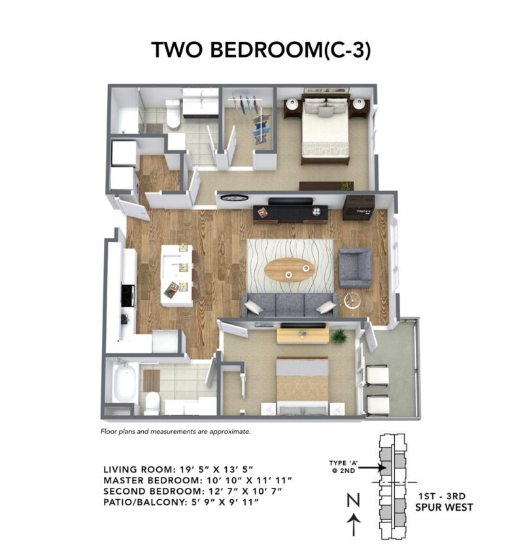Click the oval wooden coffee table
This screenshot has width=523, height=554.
[x=290, y=269]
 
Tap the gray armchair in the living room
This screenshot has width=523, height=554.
[x=355, y=267]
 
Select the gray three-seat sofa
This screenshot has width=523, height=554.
[x=290, y=305]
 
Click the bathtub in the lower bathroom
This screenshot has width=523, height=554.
[x=124, y=383]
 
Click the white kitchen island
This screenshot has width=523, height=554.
[x=177, y=275]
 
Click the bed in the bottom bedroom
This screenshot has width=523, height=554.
[x=302, y=386]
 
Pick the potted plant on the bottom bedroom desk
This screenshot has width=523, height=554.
[x=339, y=336]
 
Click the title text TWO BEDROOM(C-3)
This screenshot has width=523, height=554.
[x=261, y=50]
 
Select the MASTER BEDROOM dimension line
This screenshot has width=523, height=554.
[x=197, y=480]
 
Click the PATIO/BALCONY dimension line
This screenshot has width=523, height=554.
[x=182, y=501]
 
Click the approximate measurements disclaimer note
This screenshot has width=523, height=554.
[x=175, y=432]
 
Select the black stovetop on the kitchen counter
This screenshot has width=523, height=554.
[x=128, y=295]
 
